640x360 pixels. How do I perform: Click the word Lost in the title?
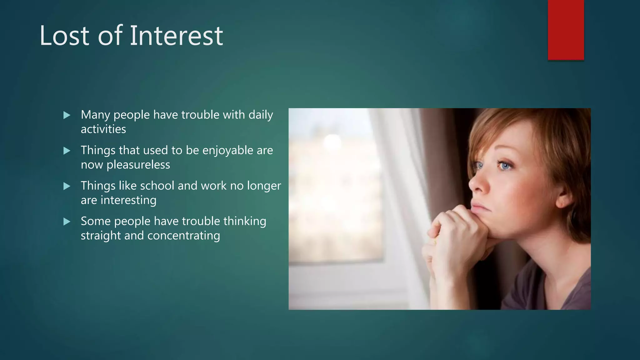pos(64,36)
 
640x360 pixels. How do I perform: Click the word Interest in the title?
pos(176,36)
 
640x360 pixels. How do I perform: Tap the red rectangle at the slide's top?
pos(566,30)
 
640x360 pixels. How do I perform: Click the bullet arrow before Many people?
pos(67,115)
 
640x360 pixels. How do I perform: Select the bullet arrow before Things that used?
pos(67,151)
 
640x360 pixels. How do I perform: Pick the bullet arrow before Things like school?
pos(67,186)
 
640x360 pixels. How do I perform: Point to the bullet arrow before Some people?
pos(67,222)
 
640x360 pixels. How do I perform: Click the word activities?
pos(103,129)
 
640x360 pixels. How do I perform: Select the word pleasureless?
pos(138,165)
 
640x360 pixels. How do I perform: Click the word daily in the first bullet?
pos(261,115)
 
